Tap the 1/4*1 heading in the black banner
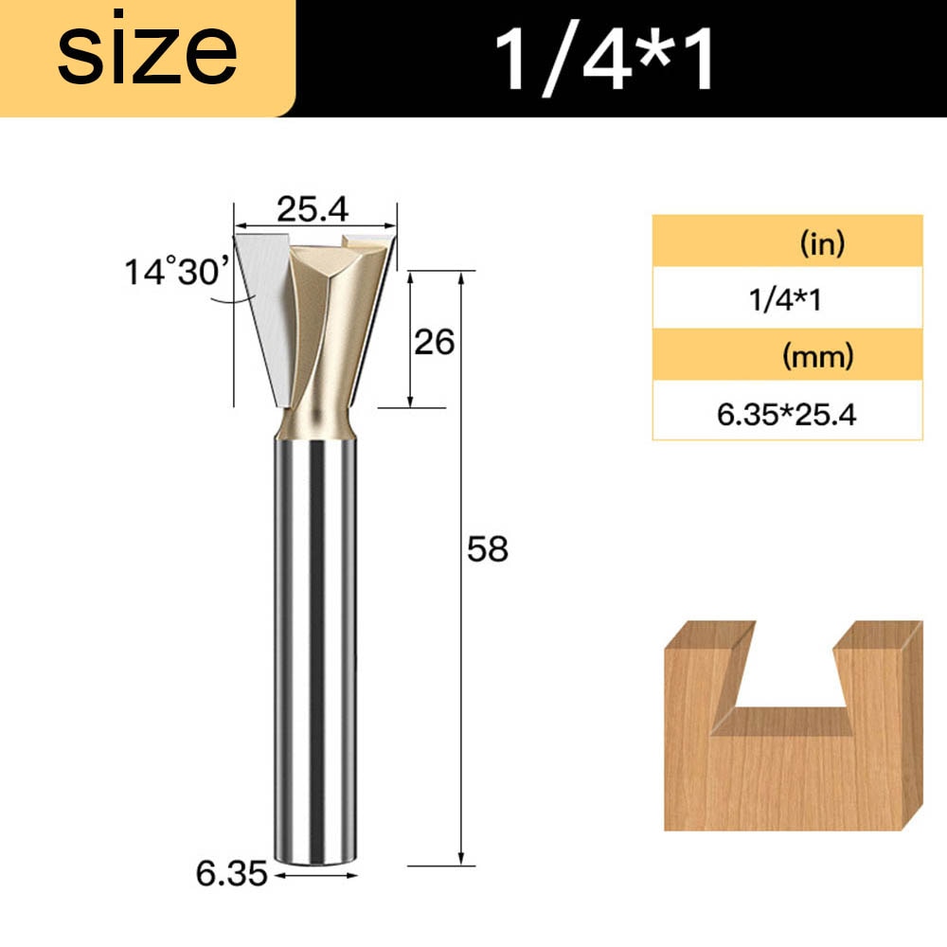tap(606, 59)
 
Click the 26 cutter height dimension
tap(436, 341)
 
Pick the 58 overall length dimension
tap(488, 549)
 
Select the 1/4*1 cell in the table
tap(786, 301)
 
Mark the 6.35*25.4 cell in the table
tap(786, 414)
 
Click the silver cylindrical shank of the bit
tap(316, 644)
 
